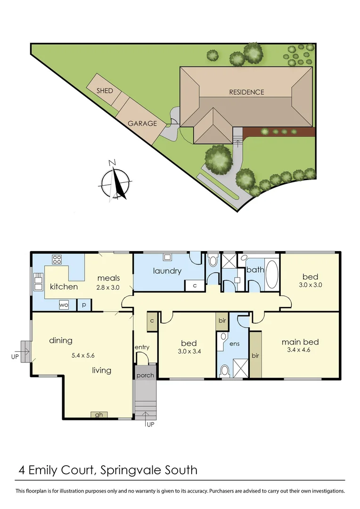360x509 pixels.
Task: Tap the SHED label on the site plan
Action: (105, 90)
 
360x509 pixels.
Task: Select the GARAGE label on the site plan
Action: (142, 123)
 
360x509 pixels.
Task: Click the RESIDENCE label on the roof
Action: (246, 92)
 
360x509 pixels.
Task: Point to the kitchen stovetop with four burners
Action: (57, 259)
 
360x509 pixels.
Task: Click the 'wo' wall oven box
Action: (64, 305)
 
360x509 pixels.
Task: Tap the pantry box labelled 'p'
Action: (83, 305)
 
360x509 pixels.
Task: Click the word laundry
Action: (167, 271)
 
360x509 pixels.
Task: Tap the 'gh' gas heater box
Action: (98, 415)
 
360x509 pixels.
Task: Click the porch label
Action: (145, 376)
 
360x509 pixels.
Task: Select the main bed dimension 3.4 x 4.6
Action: (300, 350)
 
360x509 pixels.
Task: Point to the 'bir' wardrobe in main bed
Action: (255, 354)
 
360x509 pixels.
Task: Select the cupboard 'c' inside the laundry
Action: (194, 285)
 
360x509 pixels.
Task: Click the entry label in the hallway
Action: (142, 347)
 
